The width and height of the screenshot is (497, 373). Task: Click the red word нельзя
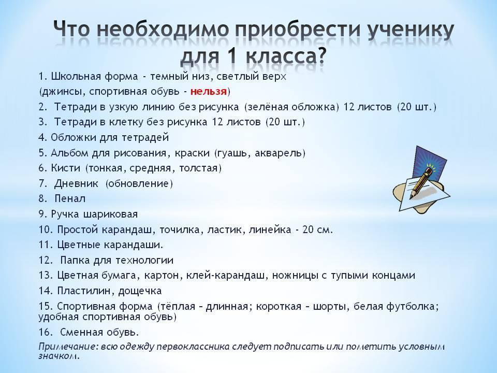point(208,92)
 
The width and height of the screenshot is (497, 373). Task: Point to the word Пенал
point(70,199)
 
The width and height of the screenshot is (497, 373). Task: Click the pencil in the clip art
point(420,183)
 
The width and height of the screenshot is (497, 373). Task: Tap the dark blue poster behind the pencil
point(430,164)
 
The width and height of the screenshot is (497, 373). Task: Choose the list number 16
point(45,332)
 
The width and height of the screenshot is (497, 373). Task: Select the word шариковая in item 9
point(110,214)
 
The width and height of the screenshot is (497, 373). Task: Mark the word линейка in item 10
point(270,229)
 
